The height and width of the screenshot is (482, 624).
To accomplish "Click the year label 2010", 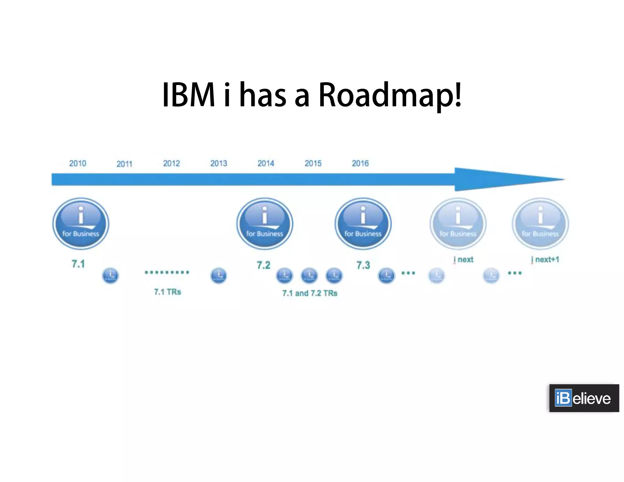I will (77, 163).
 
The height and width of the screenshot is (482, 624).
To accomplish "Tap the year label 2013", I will (218, 163).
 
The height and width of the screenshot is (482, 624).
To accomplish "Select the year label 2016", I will (360, 163).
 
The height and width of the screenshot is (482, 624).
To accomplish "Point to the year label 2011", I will (124, 164).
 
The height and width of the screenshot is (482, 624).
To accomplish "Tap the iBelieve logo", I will (584, 398).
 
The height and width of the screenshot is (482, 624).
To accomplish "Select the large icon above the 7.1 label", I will (81, 224).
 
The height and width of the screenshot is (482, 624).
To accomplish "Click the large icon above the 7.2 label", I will (264, 224).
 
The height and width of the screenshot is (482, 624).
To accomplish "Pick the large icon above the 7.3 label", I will (363, 224).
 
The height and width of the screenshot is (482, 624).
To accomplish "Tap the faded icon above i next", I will (458, 224).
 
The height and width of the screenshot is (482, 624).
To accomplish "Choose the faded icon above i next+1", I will (540, 224).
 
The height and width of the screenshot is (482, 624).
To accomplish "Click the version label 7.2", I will (263, 265).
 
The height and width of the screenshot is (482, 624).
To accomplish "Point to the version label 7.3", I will (363, 265).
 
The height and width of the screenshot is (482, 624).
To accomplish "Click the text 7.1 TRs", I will (167, 292).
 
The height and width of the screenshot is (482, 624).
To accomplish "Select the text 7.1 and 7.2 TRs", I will (310, 293).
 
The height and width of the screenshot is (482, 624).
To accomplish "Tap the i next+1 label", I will (545, 260).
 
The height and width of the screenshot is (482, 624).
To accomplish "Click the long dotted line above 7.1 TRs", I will (167, 272).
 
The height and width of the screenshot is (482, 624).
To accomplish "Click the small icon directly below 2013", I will (218, 276).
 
